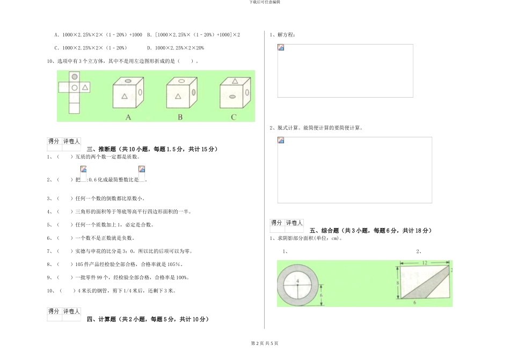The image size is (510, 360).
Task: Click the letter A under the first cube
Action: (x=128, y=117)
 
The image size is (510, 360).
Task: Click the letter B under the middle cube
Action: (x=180, y=117)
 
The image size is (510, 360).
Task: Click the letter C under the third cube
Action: (x=234, y=117)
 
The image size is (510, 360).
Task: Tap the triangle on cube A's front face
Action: (x=125, y=97)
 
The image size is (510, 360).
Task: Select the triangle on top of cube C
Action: (x=234, y=82)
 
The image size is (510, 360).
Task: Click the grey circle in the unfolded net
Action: (x=74, y=77)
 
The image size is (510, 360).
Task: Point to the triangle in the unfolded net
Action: (x=85, y=87)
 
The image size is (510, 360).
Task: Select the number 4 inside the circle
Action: (x=296, y=281)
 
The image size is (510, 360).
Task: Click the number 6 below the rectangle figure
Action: (x=414, y=303)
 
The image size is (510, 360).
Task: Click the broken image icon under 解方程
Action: (x=281, y=48)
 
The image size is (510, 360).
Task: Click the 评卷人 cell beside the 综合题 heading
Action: (x=294, y=223)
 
